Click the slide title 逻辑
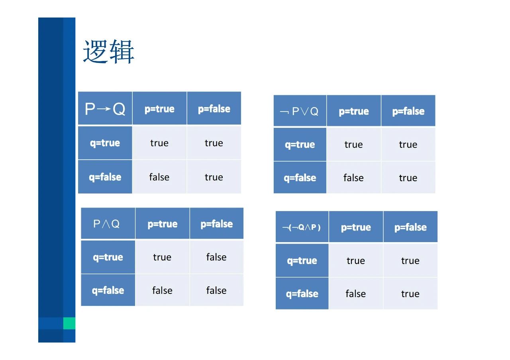(x=109, y=52)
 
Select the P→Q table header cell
(x=105, y=108)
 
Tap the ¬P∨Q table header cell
(x=300, y=111)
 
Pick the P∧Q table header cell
(x=108, y=223)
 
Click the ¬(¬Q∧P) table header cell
(x=302, y=227)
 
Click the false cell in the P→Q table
(x=159, y=177)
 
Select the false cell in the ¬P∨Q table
(x=353, y=178)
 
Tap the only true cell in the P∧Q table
(x=162, y=257)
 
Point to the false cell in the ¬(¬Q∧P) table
(x=356, y=293)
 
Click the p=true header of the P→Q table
(x=159, y=109)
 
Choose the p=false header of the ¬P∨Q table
(x=408, y=111)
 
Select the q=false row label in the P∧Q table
(x=108, y=290)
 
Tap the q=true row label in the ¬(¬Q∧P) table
(x=302, y=260)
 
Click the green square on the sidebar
(x=69, y=323)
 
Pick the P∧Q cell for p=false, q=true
(x=216, y=257)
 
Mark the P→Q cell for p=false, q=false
(x=214, y=177)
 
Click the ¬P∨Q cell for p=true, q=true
(x=353, y=144)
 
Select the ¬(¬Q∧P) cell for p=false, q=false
(x=410, y=293)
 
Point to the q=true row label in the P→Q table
(x=105, y=143)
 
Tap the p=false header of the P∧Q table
(x=216, y=224)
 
